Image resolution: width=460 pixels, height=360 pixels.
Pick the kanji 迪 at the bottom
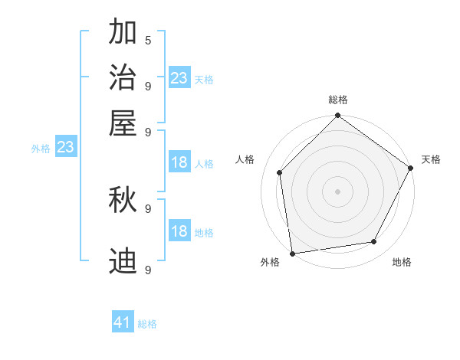[123, 261]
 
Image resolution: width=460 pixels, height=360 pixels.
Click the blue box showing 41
[123, 322]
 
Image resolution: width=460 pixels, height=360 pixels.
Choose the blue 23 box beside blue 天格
[179, 77]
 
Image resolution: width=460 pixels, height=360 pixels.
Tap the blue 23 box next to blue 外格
[65, 147]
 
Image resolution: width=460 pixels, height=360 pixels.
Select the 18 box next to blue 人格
[179, 162]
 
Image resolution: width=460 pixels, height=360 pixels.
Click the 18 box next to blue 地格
[179, 231]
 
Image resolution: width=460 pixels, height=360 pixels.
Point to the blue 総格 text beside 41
[147, 324]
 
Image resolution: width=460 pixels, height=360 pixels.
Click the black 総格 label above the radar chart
[338, 100]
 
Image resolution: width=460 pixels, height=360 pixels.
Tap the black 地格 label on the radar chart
[402, 262]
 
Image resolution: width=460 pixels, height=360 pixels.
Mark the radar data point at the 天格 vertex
[411, 169]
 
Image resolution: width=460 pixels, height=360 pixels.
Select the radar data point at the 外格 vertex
[292, 253]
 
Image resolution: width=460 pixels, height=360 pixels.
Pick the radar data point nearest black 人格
[280, 172]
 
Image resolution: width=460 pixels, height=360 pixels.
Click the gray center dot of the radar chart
[338, 191]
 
